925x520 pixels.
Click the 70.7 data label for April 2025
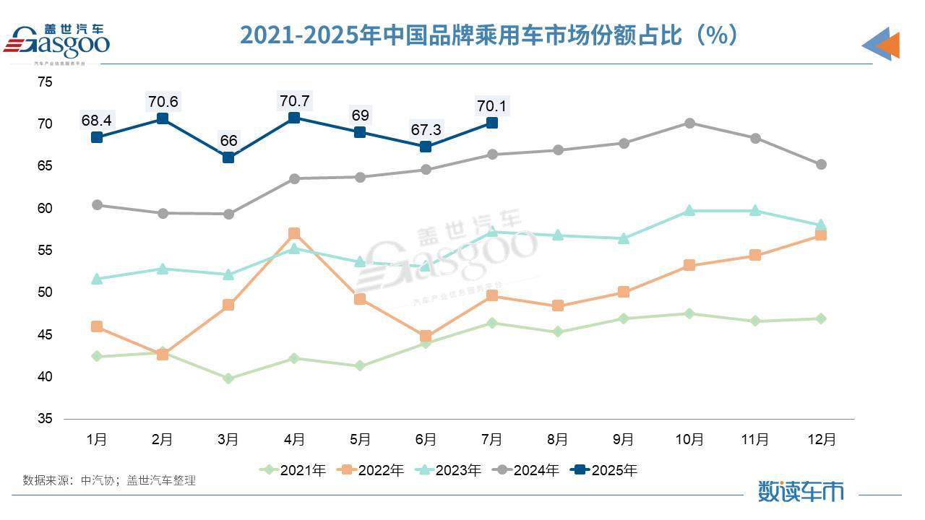[x=294, y=100]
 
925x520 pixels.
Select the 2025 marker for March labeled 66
[x=228, y=157]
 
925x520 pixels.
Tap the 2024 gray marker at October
[x=689, y=123]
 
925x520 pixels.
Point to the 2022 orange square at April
[x=294, y=233]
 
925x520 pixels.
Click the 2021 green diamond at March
[x=228, y=378]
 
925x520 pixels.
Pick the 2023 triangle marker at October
[x=689, y=210]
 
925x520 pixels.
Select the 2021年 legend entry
[x=293, y=470]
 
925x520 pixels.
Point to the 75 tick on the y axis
[x=45, y=82]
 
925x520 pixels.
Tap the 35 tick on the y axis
[x=45, y=419]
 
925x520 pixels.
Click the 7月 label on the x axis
[x=491, y=439]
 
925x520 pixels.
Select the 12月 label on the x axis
[x=821, y=439]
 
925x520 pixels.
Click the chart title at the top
[x=489, y=35]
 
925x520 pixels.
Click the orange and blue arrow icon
[x=881, y=44]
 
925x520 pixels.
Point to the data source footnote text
[x=109, y=480]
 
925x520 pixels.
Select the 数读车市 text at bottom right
[x=801, y=491]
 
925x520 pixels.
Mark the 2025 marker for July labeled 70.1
[x=492, y=123]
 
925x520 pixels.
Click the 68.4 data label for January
[x=97, y=119]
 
